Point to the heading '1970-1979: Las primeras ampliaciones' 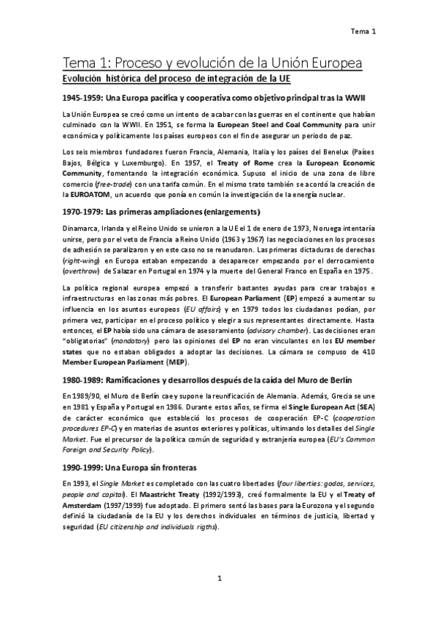tap(161, 212)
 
